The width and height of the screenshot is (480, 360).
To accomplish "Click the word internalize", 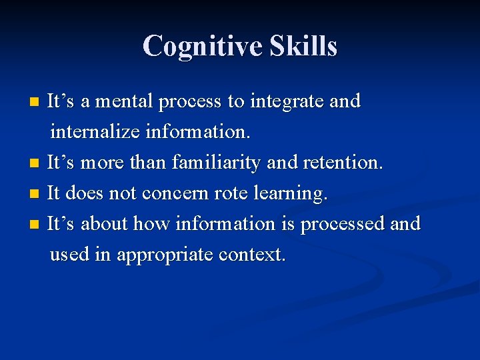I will (x=94, y=131).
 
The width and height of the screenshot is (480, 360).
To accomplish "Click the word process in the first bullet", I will (x=191, y=103).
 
